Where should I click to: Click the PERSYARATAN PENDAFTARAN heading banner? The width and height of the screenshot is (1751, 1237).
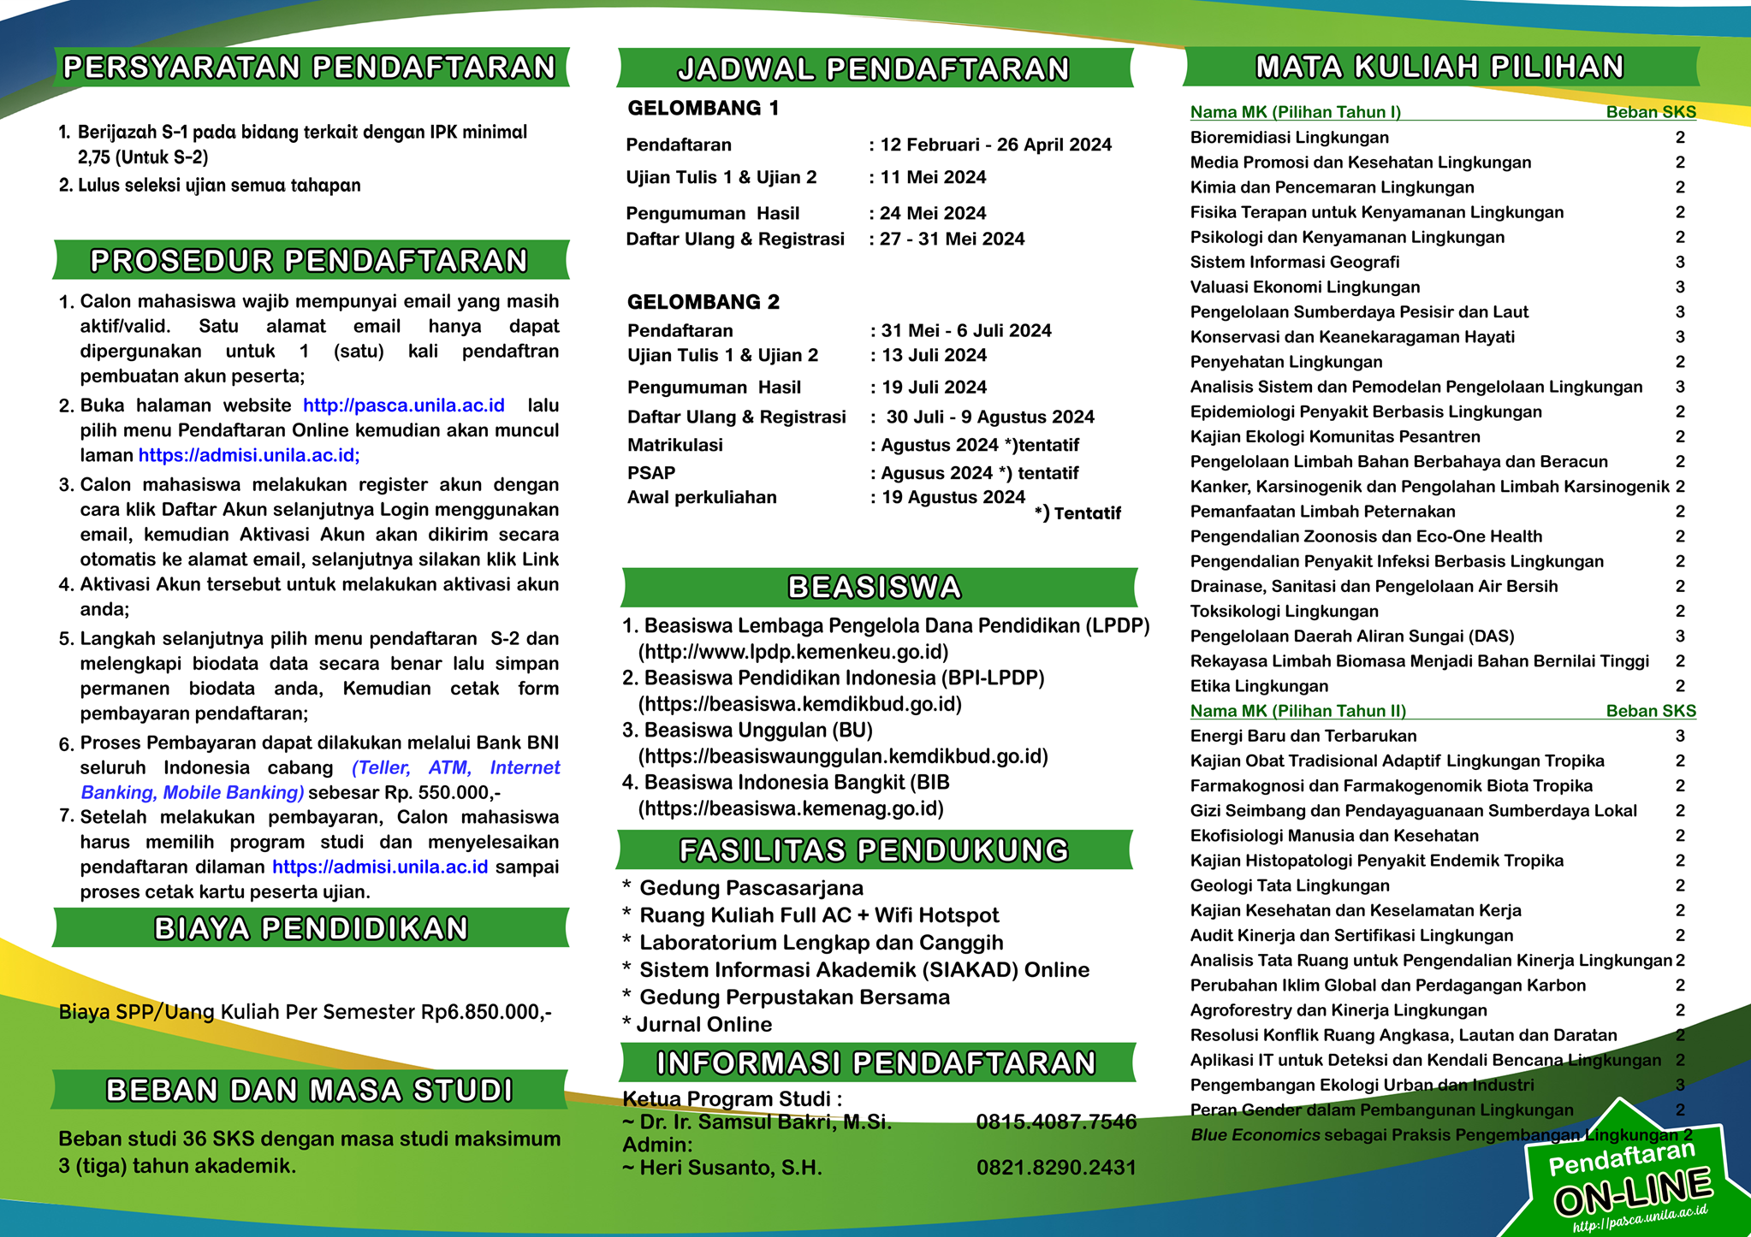(x=310, y=68)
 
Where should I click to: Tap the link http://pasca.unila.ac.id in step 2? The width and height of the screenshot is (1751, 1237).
(x=404, y=405)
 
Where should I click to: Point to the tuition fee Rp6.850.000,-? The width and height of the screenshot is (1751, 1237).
(x=486, y=1013)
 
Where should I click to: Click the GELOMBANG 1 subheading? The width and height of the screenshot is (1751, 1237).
(x=703, y=109)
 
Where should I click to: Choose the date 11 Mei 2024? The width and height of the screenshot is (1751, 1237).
(x=933, y=178)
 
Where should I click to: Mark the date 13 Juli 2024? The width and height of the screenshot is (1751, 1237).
(x=934, y=356)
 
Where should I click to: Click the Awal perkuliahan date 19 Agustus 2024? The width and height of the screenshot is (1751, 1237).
(x=953, y=498)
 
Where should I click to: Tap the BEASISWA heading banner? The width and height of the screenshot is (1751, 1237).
(x=875, y=588)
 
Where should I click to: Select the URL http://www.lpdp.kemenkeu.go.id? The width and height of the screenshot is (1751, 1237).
(x=793, y=653)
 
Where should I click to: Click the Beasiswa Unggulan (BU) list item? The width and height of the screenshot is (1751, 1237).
(x=758, y=731)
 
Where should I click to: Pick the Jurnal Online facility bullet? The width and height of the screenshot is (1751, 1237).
(x=703, y=1025)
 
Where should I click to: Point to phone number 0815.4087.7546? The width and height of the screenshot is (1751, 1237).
(x=1056, y=1122)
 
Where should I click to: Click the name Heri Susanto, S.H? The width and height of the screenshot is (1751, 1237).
(x=730, y=1169)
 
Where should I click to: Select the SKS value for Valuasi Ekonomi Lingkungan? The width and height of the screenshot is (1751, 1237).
(x=1680, y=287)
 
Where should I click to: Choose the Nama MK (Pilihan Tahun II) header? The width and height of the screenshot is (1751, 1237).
(x=1297, y=711)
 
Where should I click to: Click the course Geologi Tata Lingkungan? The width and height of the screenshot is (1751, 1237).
(x=1290, y=886)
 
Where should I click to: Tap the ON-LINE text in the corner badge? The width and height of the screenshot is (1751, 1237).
(x=1632, y=1192)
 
